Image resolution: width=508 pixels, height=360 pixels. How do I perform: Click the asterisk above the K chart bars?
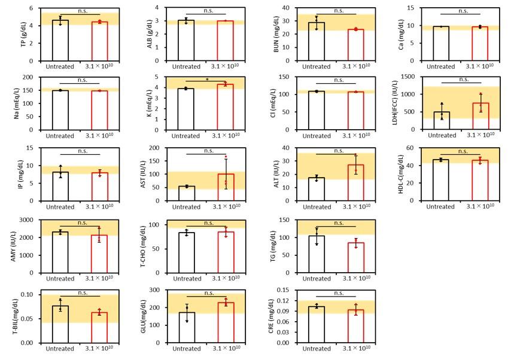click(x=207, y=78)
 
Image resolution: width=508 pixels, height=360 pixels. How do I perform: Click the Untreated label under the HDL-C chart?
click(x=440, y=207)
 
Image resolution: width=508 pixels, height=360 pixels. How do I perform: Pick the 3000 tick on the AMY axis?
click(x=36, y=219)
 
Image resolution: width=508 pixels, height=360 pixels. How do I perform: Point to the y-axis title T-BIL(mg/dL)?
click(x=15, y=318)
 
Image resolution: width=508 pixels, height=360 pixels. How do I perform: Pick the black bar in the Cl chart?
click(x=316, y=111)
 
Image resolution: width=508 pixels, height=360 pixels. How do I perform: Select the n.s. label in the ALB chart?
click(x=208, y=10)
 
